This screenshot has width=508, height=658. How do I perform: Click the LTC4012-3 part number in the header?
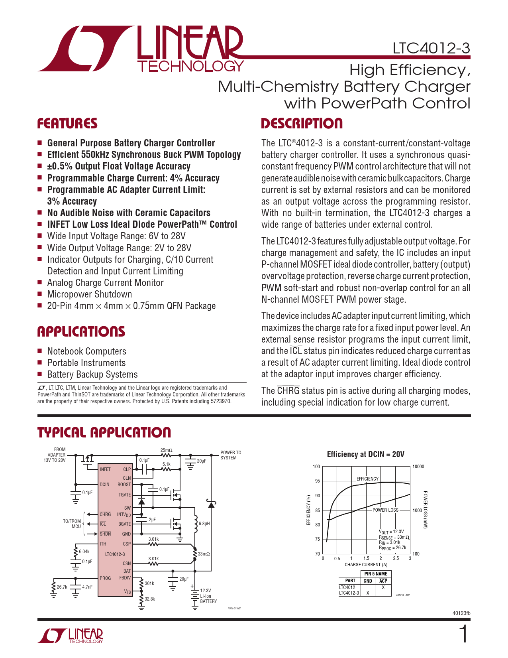431,48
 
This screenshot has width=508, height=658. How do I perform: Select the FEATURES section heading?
67,124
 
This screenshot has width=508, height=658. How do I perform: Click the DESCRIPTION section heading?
302,124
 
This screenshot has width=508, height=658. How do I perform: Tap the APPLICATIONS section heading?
81,332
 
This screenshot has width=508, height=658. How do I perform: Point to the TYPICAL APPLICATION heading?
104,433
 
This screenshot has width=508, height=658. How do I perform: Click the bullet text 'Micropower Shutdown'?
89,294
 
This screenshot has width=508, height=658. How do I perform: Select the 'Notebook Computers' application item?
86,351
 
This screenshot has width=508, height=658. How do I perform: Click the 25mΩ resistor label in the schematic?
166,450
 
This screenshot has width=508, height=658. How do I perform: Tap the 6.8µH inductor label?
204,524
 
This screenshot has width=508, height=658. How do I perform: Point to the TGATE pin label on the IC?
124,495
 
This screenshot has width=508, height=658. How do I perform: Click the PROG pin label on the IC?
105,578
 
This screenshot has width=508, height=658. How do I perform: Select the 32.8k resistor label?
150,599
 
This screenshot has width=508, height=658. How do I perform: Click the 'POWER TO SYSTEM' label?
231,455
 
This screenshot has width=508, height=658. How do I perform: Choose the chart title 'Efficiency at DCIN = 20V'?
365,454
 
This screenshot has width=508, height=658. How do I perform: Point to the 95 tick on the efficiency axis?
318,481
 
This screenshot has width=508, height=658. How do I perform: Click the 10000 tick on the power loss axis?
418,467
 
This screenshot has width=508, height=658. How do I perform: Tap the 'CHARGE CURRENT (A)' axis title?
366,565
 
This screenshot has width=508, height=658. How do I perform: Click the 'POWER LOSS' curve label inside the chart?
385,510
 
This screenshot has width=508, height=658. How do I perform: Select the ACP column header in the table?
383,581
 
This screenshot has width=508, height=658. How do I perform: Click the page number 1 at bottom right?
463,634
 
